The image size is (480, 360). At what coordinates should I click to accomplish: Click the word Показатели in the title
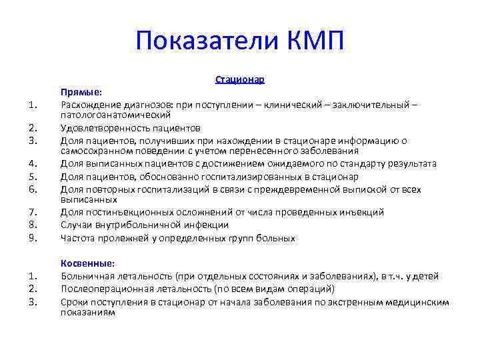pos(209,41)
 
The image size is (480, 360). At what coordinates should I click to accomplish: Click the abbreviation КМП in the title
pos(316,41)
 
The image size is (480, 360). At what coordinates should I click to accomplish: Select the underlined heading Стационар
pos(240,79)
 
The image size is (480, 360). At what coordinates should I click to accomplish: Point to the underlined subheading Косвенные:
pos(87,263)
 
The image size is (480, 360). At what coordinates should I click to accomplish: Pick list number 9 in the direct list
pos(31,238)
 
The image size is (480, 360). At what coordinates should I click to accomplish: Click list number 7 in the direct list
pos(31,212)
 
